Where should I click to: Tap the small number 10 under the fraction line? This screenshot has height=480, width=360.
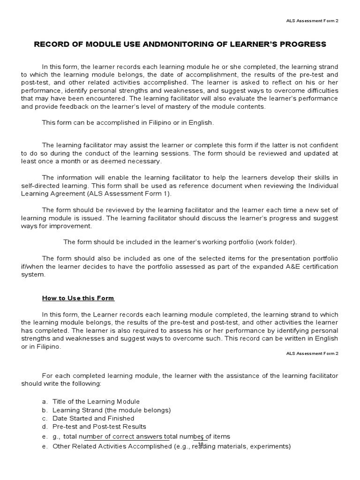coord(201,444)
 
